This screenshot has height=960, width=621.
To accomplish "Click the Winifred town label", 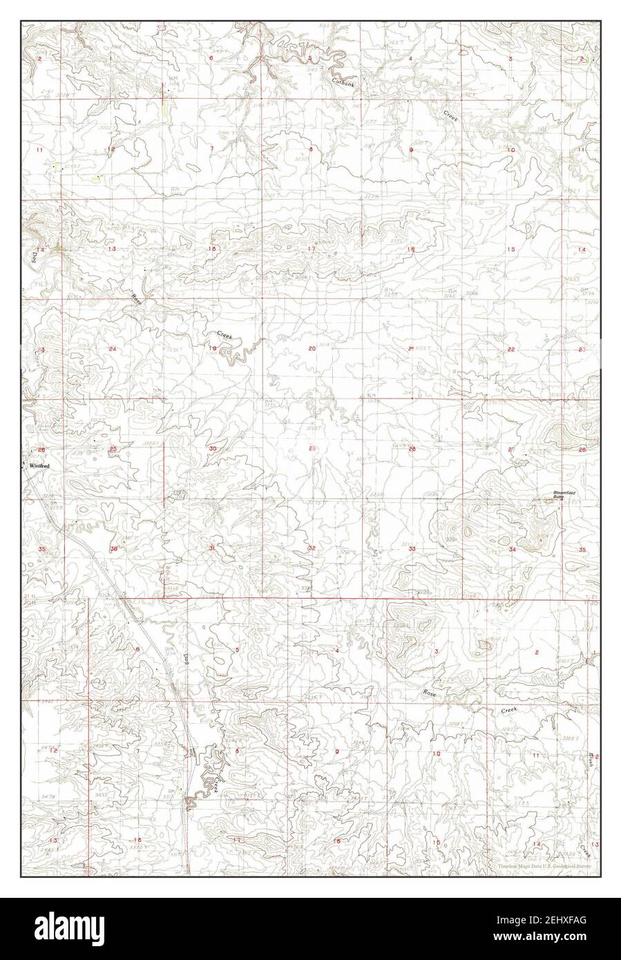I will (36, 466).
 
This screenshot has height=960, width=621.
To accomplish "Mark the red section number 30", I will (212, 449).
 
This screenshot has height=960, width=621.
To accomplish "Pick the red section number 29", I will (312, 449).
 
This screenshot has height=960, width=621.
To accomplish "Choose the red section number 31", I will (211, 548).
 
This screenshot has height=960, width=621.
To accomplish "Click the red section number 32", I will (312, 548).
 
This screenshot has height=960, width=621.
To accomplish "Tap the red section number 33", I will (412, 548).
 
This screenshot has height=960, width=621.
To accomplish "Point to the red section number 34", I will (512, 549).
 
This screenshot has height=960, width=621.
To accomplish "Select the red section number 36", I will (113, 549).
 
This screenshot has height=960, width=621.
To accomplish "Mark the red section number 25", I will (113, 450).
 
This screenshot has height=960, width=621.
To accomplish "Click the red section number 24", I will (113, 349).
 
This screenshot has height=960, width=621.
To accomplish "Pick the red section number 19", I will (213, 349).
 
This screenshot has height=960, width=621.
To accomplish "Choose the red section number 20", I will (312, 349).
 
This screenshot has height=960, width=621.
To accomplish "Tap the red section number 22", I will (511, 349).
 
